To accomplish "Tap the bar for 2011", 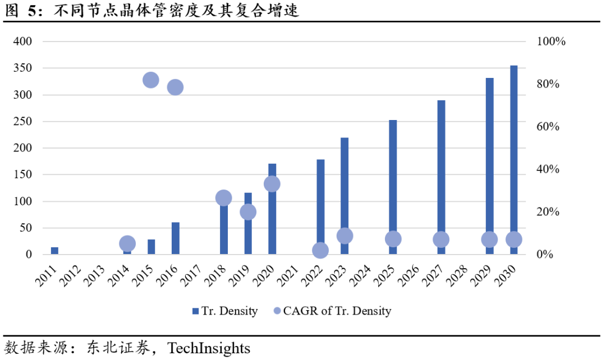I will point(54,251).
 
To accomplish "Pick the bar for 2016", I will point(175,238).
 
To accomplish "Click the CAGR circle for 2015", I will point(150,80).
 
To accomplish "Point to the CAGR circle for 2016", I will point(175,87).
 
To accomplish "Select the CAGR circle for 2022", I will point(320,250).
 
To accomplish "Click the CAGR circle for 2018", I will point(223,197).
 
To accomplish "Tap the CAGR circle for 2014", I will point(127,243).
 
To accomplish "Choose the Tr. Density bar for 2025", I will point(393,179).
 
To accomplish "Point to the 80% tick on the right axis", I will point(548,84).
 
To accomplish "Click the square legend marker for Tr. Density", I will point(195,311).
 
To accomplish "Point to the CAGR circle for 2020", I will point(272,184).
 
